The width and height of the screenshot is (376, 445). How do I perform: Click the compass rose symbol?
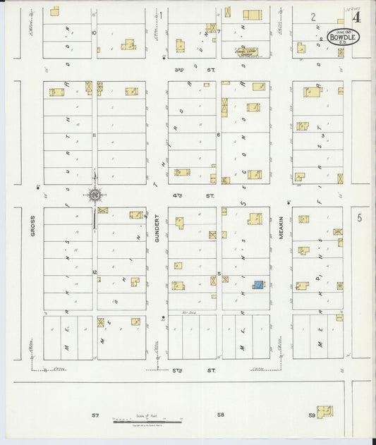coord(94,195)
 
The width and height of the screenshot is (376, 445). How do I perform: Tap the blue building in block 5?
coord(259,284)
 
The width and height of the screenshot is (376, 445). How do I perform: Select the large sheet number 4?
coord(358,18)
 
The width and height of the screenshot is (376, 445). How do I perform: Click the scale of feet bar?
coord(148,420)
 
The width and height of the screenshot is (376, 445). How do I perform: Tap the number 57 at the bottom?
coord(95,415)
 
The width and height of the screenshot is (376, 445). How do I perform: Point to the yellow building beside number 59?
coord(325,410)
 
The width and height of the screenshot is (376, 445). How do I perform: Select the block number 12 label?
coord(92,271)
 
